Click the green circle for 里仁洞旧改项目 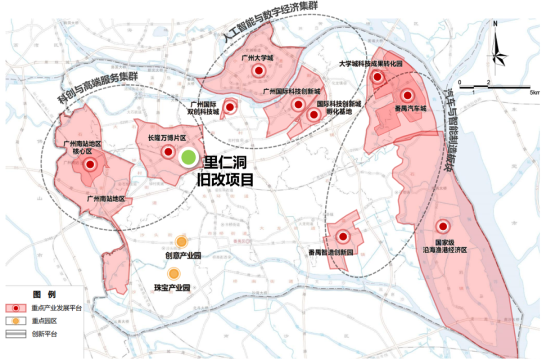(188, 157)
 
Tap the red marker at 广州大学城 (259, 71)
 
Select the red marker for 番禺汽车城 (407, 96)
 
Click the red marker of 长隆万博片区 (168, 151)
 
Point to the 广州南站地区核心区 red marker (90, 165)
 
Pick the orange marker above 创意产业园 (181, 242)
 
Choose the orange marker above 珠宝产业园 (174, 274)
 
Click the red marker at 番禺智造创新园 (343, 236)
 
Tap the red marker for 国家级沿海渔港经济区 (443, 226)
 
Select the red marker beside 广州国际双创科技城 (230, 107)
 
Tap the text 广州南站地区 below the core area (106, 199)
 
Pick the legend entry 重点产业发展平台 (57, 309)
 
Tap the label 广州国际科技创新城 (291, 91)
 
